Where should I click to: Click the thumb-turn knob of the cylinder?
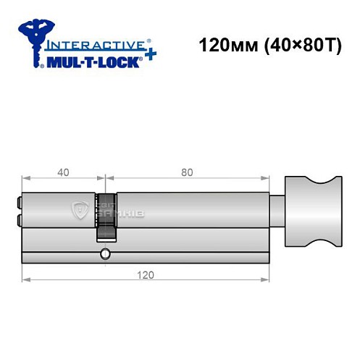(x=313, y=210)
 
